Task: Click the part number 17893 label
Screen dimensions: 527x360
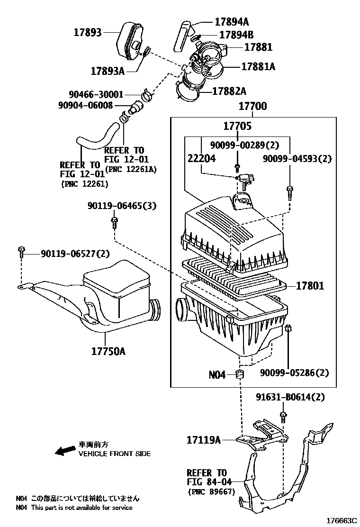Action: click(88, 32)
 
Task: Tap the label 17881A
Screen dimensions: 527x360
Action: click(258, 67)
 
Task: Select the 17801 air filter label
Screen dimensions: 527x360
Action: click(310, 285)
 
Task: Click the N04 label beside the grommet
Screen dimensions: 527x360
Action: click(217, 374)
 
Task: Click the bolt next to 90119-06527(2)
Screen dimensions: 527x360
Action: click(21, 252)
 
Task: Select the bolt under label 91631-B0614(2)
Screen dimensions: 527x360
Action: click(283, 416)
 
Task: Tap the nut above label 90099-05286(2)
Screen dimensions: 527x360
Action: click(289, 329)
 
